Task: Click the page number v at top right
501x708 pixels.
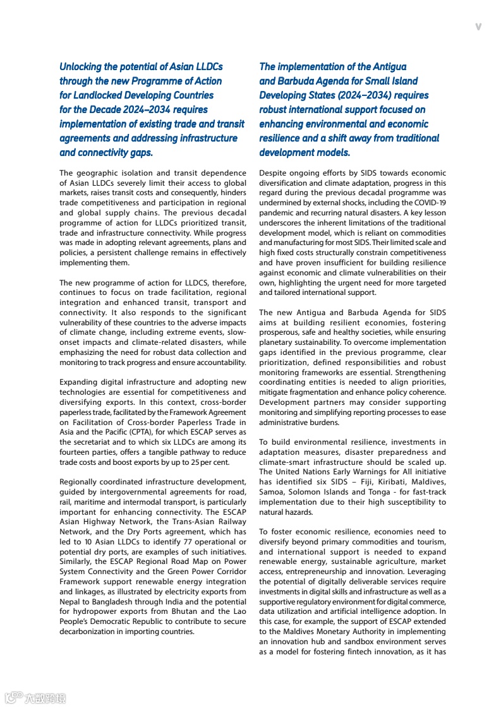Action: point(478,27)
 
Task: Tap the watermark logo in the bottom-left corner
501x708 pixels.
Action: point(35,697)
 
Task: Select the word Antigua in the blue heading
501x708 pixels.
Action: point(389,66)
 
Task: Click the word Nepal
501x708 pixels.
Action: point(69,601)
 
